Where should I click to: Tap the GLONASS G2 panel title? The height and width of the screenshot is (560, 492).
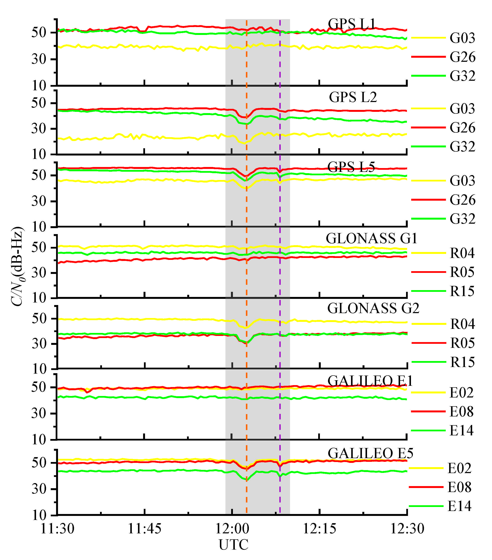[x=373, y=308]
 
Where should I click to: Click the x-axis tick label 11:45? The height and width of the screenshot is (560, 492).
[x=145, y=528]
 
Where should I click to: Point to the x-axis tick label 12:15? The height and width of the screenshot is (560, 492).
[x=319, y=528]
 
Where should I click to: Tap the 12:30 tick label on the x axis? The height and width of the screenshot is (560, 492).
[x=407, y=528]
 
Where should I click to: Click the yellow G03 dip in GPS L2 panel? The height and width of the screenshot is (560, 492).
[x=244, y=143]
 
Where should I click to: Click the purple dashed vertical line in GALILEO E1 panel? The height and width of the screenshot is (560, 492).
[x=280, y=416]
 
